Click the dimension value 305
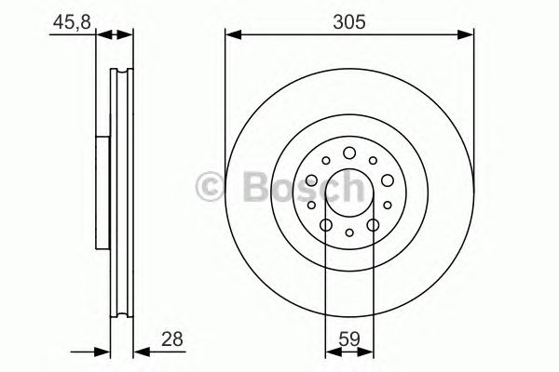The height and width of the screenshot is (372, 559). pos(348,17)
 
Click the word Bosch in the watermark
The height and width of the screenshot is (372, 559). pos(296,188)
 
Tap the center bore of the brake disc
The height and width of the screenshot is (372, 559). pos(348,192)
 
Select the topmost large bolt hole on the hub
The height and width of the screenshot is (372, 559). pos(348,153)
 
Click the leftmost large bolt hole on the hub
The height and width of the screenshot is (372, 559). pos(311,179)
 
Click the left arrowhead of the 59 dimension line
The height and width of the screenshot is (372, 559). pos(330,352)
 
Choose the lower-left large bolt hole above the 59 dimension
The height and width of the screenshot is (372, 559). pos(325,224)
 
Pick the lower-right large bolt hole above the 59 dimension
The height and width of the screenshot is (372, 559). pos(372,224)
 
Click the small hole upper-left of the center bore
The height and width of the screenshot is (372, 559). pos(325,161)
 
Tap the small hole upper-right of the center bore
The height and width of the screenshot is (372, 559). pos(372,161)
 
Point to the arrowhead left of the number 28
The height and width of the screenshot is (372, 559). pos(104,352)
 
